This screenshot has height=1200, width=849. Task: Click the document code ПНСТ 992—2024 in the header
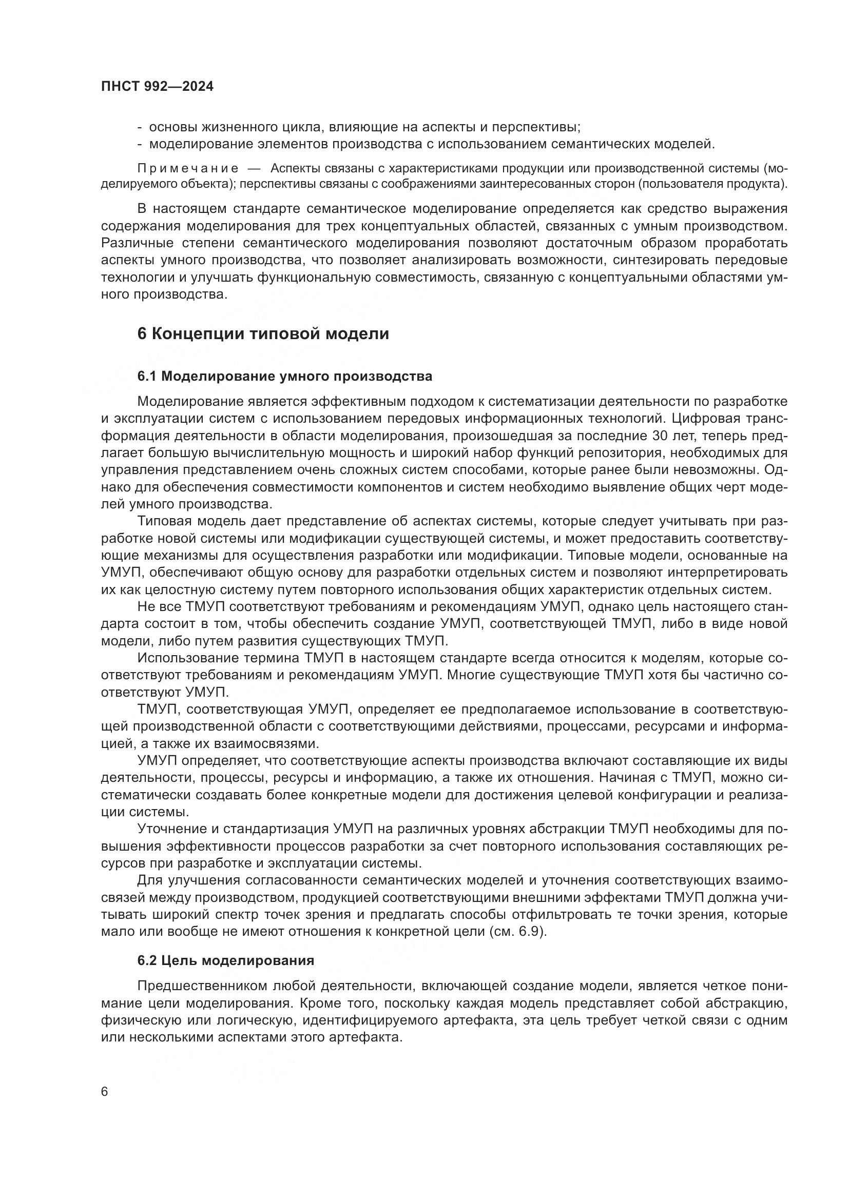click(158, 87)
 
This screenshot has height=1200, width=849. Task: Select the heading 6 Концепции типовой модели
click(263, 333)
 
